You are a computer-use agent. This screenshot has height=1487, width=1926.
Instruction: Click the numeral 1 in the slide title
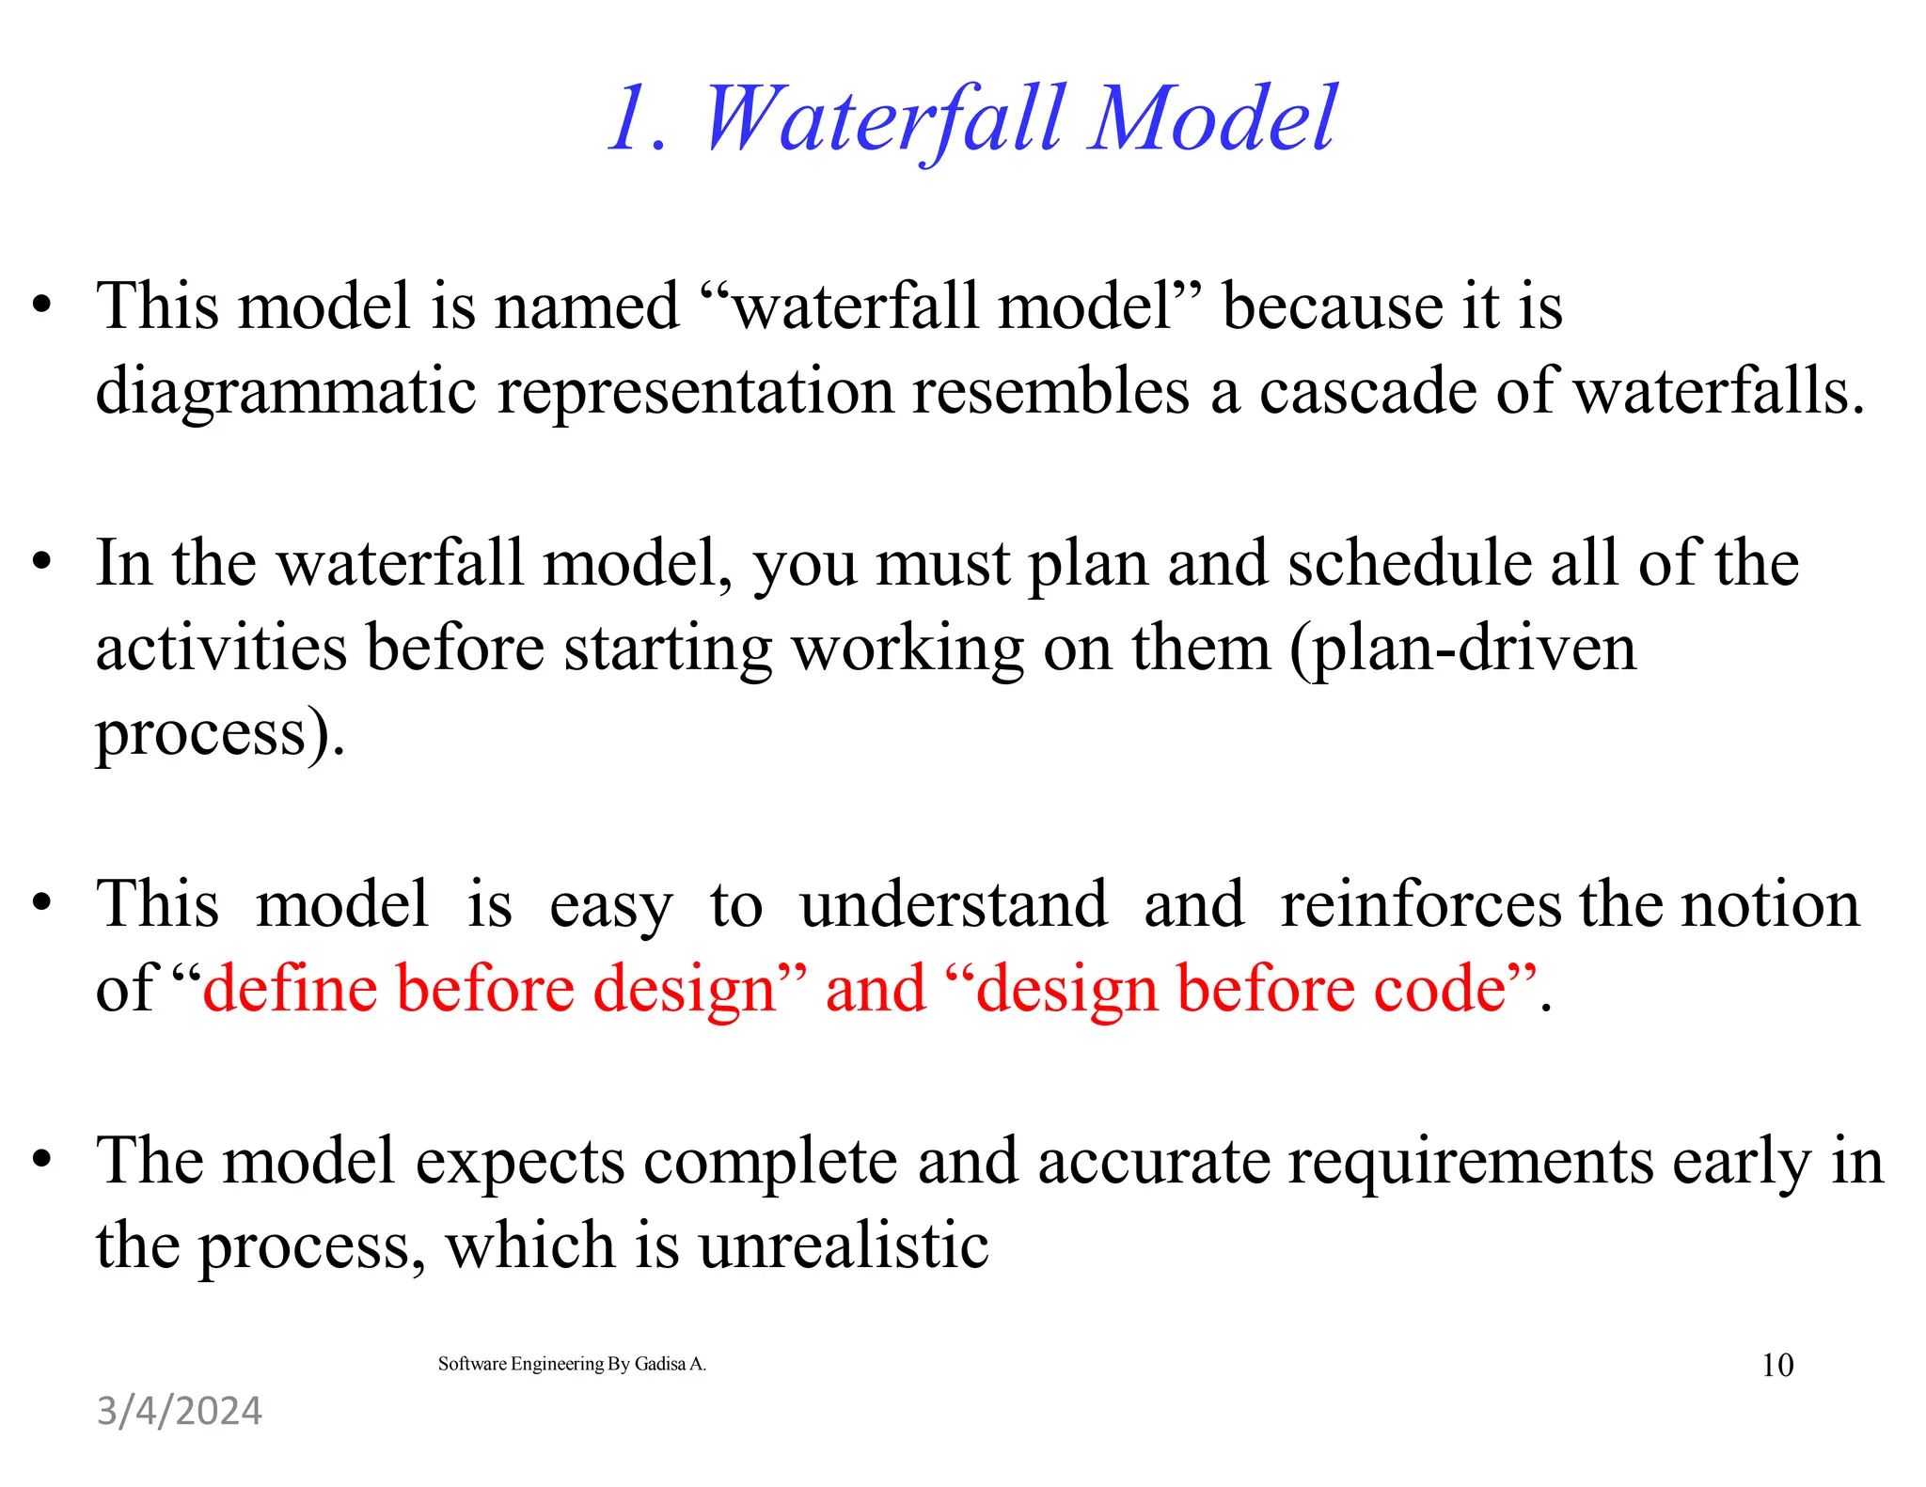[632, 119]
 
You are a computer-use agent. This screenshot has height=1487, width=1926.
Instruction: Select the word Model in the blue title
[1212, 119]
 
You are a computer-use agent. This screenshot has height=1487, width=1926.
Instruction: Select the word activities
[221, 648]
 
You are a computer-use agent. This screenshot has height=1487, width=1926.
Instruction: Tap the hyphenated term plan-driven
[1463, 650]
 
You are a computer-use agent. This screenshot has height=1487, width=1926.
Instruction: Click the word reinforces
[1420, 904]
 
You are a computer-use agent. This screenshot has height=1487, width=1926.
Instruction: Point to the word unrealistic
[843, 1245]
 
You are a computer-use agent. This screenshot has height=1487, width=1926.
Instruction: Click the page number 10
[1776, 1365]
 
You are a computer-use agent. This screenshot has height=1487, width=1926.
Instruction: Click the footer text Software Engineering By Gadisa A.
[572, 1364]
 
